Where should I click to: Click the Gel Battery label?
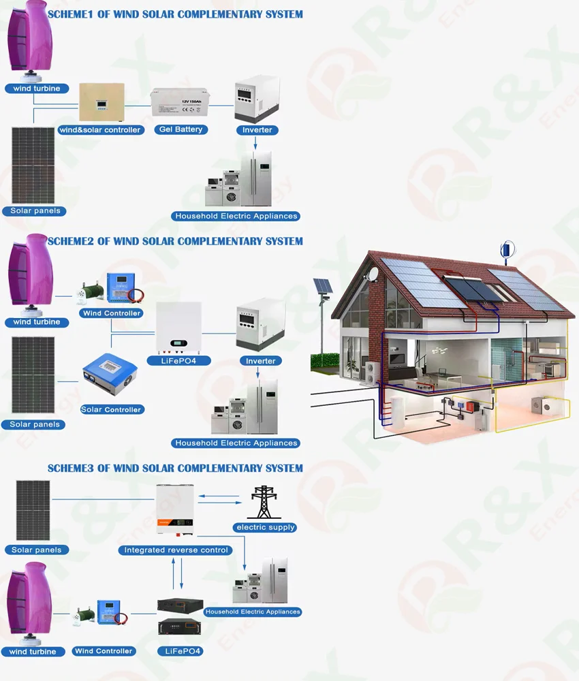[179, 129]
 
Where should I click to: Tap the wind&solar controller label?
[100, 129]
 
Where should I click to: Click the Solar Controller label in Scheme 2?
[111, 409]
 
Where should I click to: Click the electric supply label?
[265, 527]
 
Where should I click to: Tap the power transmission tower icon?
[264, 503]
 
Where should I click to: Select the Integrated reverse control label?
[176, 550]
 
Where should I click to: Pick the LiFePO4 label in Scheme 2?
[179, 360]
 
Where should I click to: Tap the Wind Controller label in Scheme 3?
[104, 651]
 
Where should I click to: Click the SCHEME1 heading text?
[175, 14]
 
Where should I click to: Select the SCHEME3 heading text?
[175, 468]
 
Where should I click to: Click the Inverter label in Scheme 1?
[257, 129]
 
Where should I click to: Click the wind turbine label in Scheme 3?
[33, 652]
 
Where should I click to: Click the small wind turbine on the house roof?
[506, 250]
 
